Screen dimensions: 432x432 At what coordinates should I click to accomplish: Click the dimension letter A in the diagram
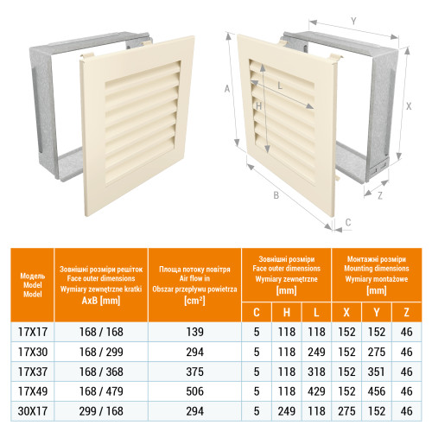pyautogui.click(x=227, y=89)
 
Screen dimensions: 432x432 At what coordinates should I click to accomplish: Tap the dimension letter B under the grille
pyautogui.click(x=276, y=195)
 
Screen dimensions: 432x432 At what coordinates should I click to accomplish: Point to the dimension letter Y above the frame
pyautogui.click(x=353, y=22)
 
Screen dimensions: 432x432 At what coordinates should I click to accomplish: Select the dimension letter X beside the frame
pyautogui.click(x=409, y=106)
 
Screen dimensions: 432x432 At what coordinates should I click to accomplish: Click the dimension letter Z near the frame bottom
pyautogui.click(x=380, y=196)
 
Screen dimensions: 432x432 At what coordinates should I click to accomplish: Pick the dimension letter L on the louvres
pyautogui.click(x=280, y=86)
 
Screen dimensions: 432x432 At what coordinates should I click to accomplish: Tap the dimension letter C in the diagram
pyautogui.click(x=348, y=222)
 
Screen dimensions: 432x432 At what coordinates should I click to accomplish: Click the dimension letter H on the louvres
pyautogui.click(x=258, y=106)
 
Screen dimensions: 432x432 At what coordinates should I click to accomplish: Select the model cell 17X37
pyautogui.click(x=33, y=372)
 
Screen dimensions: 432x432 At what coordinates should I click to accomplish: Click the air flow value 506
pyautogui.click(x=194, y=391)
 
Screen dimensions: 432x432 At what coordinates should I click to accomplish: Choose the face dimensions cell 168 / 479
pyautogui.click(x=101, y=391)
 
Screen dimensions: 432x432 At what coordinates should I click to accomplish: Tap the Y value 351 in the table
pyautogui.click(x=377, y=372)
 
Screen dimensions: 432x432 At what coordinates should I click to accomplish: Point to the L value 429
pyautogui.click(x=316, y=391)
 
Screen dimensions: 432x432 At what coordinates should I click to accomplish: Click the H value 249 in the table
pyautogui.click(x=287, y=411)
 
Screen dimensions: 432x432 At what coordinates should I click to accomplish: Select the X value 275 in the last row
pyautogui.click(x=346, y=411)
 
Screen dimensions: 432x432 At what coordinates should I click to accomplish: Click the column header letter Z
pyautogui.click(x=406, y=312)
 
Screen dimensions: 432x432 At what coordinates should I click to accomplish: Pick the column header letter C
pyautogui.click(x=257, y=312)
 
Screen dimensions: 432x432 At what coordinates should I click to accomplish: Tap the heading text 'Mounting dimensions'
pyautogui.click(x=377, y=269)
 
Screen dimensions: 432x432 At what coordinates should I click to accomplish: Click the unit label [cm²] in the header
pyautogui.click(x=194, y=301)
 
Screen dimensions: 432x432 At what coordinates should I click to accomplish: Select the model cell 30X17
pyautogui.click(x=33, y=411)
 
